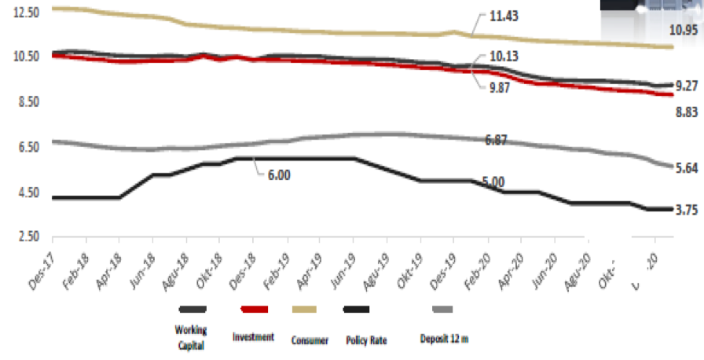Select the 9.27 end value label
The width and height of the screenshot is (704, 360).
(687, 86)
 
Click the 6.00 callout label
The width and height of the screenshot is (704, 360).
(280, 175)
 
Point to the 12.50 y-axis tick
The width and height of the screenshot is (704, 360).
(26, 12)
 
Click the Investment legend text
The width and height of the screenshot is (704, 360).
(254, 336)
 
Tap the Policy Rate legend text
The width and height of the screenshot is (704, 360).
(367, 340)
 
